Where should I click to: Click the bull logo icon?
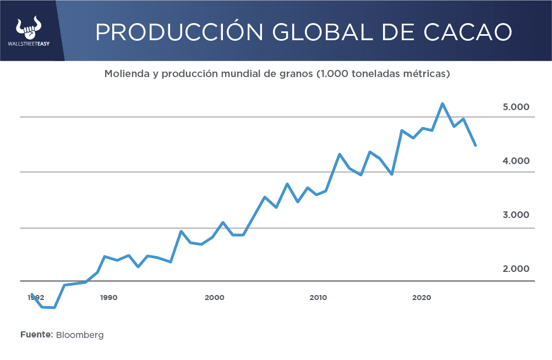click(x=29, y=28)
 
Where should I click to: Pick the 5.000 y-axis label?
click(x=516, y=107)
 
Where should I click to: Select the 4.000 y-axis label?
click(x=516, y=161)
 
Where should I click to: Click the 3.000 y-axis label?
click(x=516, y=215)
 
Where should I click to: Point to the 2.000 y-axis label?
click(x=516, y=269)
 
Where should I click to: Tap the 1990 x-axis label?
click(x=109, y=298)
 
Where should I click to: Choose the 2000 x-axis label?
click(x=214, y=298)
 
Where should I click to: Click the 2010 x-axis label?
click(x=318, y=298)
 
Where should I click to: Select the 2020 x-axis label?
click(x=421, y=298)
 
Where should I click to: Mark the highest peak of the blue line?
click(x=442, y=103)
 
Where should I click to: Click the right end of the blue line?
click(x=475, y=145)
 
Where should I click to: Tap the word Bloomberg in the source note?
click(x=80, y=335)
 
